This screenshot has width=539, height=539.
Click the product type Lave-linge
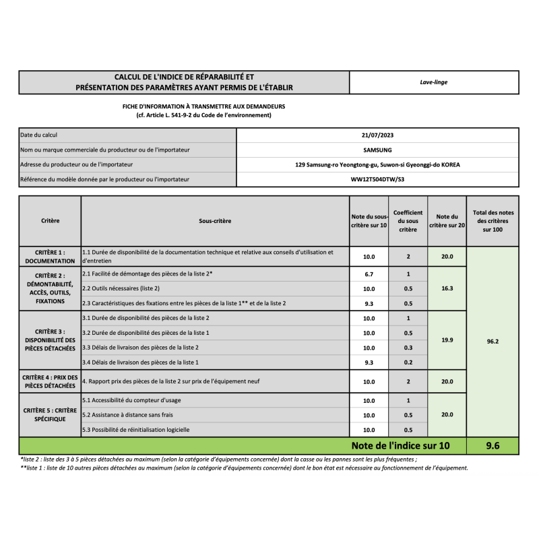[x=434, y=82]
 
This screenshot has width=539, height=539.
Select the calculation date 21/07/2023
[x=377, y=135]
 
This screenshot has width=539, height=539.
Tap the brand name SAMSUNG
[x=377, y=150]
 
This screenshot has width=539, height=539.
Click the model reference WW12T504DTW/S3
[x=377, y=180]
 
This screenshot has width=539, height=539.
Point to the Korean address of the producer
[x=377, y=165]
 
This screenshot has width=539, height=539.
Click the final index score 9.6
[x=493, y=445]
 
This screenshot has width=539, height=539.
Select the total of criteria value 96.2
[x=493, y=342]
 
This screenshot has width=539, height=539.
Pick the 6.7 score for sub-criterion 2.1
[x=369, y=274]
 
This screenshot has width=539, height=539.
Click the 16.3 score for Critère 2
[x=447, y=288]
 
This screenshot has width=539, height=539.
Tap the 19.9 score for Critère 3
[x=447, y=340]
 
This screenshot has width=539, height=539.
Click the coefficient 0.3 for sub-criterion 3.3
[x=408, y=348]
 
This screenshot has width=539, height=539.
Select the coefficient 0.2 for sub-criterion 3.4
[x=408, y=362]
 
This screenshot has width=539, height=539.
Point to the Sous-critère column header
[x=215, y=221]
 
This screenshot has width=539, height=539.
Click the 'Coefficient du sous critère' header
[x=408, y=221]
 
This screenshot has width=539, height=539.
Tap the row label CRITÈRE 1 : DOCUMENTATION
[x=50, y=256]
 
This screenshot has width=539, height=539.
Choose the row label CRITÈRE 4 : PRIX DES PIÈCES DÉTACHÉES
[x=50, y=381]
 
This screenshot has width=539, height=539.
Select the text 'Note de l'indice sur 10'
[x=400, y=445]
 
